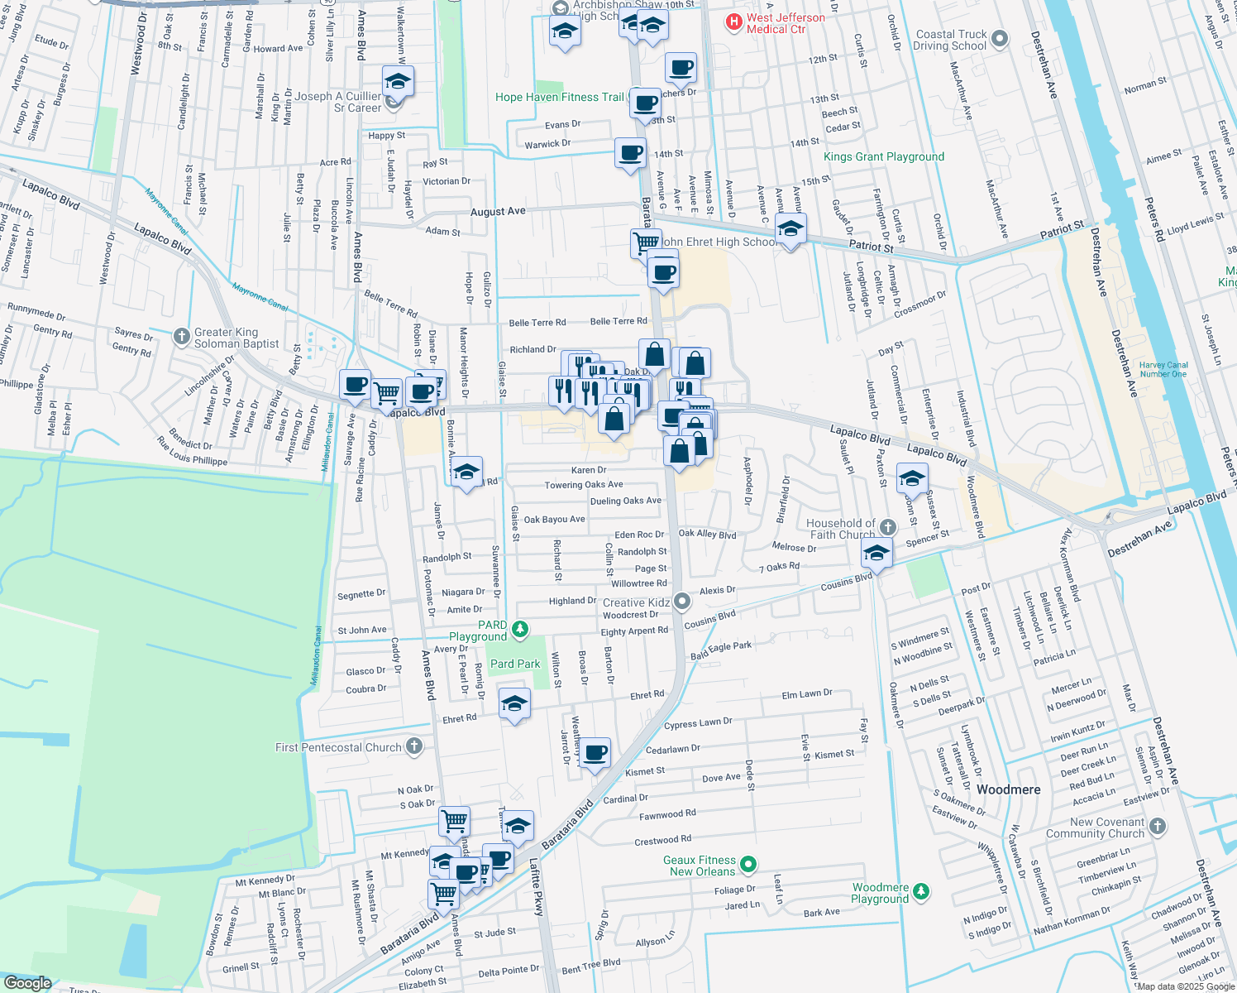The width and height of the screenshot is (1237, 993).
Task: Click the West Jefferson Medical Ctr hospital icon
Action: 733,23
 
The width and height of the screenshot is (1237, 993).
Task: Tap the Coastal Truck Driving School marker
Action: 999,39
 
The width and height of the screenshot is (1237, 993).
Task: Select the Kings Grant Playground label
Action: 883,156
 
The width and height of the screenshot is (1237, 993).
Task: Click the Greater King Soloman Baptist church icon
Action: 182,337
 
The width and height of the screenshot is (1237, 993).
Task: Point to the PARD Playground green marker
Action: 519,631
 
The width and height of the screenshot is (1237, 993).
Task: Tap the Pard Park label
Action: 514,664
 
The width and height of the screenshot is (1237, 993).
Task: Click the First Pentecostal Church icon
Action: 414,747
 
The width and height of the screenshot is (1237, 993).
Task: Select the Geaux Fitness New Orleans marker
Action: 748,865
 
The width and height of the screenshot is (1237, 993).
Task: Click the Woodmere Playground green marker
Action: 921,892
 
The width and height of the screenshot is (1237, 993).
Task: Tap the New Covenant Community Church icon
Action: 1158,826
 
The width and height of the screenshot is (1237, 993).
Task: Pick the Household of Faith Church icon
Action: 887,527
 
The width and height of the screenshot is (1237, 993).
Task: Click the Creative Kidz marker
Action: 681,602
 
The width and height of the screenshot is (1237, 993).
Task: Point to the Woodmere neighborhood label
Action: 1008,789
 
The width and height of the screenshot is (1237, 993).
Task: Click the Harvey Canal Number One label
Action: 1163,369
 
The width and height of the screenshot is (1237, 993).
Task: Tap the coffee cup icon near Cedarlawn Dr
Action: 595,753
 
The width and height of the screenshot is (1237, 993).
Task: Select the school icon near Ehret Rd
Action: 514,704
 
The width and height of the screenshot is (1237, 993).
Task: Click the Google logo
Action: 27,982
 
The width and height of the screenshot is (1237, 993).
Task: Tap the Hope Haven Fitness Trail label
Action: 559,97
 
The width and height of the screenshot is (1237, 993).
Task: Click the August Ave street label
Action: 498,212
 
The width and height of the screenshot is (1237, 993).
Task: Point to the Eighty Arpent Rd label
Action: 634,631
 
